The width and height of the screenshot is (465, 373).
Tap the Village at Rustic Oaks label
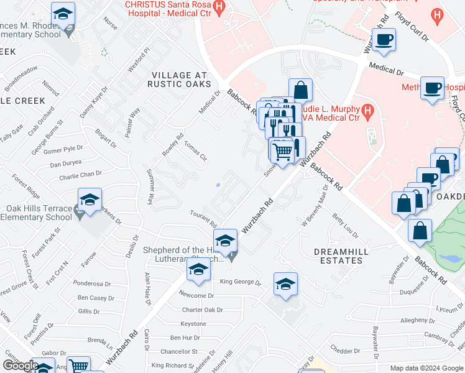pos(180,79)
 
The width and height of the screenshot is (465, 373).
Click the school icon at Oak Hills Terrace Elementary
pos(90,200)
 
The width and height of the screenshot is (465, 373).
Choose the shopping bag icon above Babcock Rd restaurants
pos(300,90)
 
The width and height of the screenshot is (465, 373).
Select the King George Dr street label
pos(241,282)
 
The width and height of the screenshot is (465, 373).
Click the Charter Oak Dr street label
pos(202,310)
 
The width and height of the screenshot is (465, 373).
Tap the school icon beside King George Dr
pos(285,283)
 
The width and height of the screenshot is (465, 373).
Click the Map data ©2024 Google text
pos(426,368)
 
